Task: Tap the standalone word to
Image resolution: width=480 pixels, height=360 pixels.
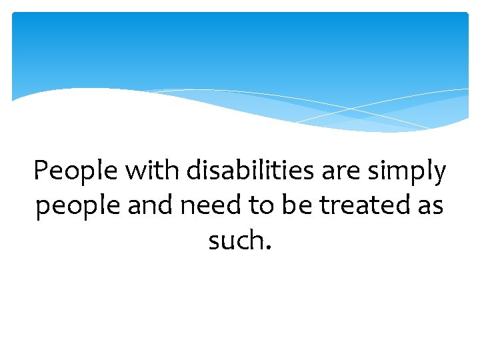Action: click(262, 205)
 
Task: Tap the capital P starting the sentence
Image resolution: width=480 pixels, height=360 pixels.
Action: click(42, 171)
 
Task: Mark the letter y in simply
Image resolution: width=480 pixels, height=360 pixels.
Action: click(438, 175)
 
